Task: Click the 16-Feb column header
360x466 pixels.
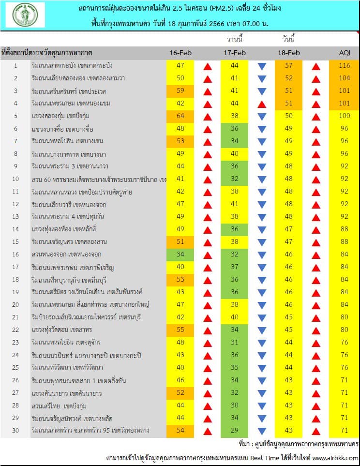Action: [180, 52]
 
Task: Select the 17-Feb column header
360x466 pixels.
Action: [234, 52]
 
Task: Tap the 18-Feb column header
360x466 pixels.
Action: [289, 52]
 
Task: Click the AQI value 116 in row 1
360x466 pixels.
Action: [344, 65]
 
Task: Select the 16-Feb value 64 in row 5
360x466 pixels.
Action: [180, 116]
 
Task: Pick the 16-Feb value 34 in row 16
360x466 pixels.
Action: [180, 254]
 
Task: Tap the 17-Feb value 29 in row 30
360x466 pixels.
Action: [235, 430]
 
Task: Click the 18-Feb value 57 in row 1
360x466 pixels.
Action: [289, 65]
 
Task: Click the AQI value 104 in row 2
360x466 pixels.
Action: [344, 78]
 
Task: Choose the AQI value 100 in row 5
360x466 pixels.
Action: [344, 116]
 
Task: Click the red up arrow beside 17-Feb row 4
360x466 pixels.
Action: [262, 104]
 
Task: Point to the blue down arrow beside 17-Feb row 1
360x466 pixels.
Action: [262, 66]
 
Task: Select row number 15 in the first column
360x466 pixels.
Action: [15, 241]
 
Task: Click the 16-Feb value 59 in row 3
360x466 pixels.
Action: [180, 90]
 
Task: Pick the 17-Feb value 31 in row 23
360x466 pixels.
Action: [235, 342]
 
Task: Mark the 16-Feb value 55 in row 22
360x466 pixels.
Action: [180, 330]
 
